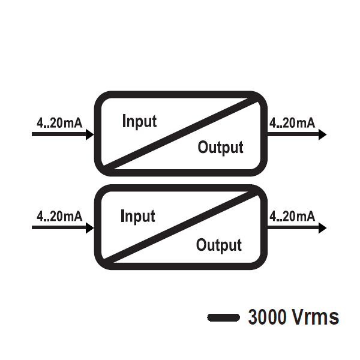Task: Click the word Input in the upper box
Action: [x=139, y=121]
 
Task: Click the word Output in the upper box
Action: [x=220, y=148]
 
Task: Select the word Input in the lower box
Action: [x=138, y=216]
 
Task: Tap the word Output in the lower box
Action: [x=219, y=245]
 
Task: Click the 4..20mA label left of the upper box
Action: [x=59, y=123]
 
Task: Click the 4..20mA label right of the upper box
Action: [x=292, y=123]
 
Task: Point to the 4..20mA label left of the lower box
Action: [x=59, y=217]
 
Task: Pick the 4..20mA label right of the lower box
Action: [x=292, y=217]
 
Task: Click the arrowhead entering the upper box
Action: [x=90, y=134]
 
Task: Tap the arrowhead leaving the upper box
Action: [x=322, y=134]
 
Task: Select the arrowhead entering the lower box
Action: [x=90, y=228]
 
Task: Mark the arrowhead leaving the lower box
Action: [x=322, y=228]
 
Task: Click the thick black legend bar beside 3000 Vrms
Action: [x=224, y=317]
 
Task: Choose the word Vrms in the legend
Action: [x=316, y=317]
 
